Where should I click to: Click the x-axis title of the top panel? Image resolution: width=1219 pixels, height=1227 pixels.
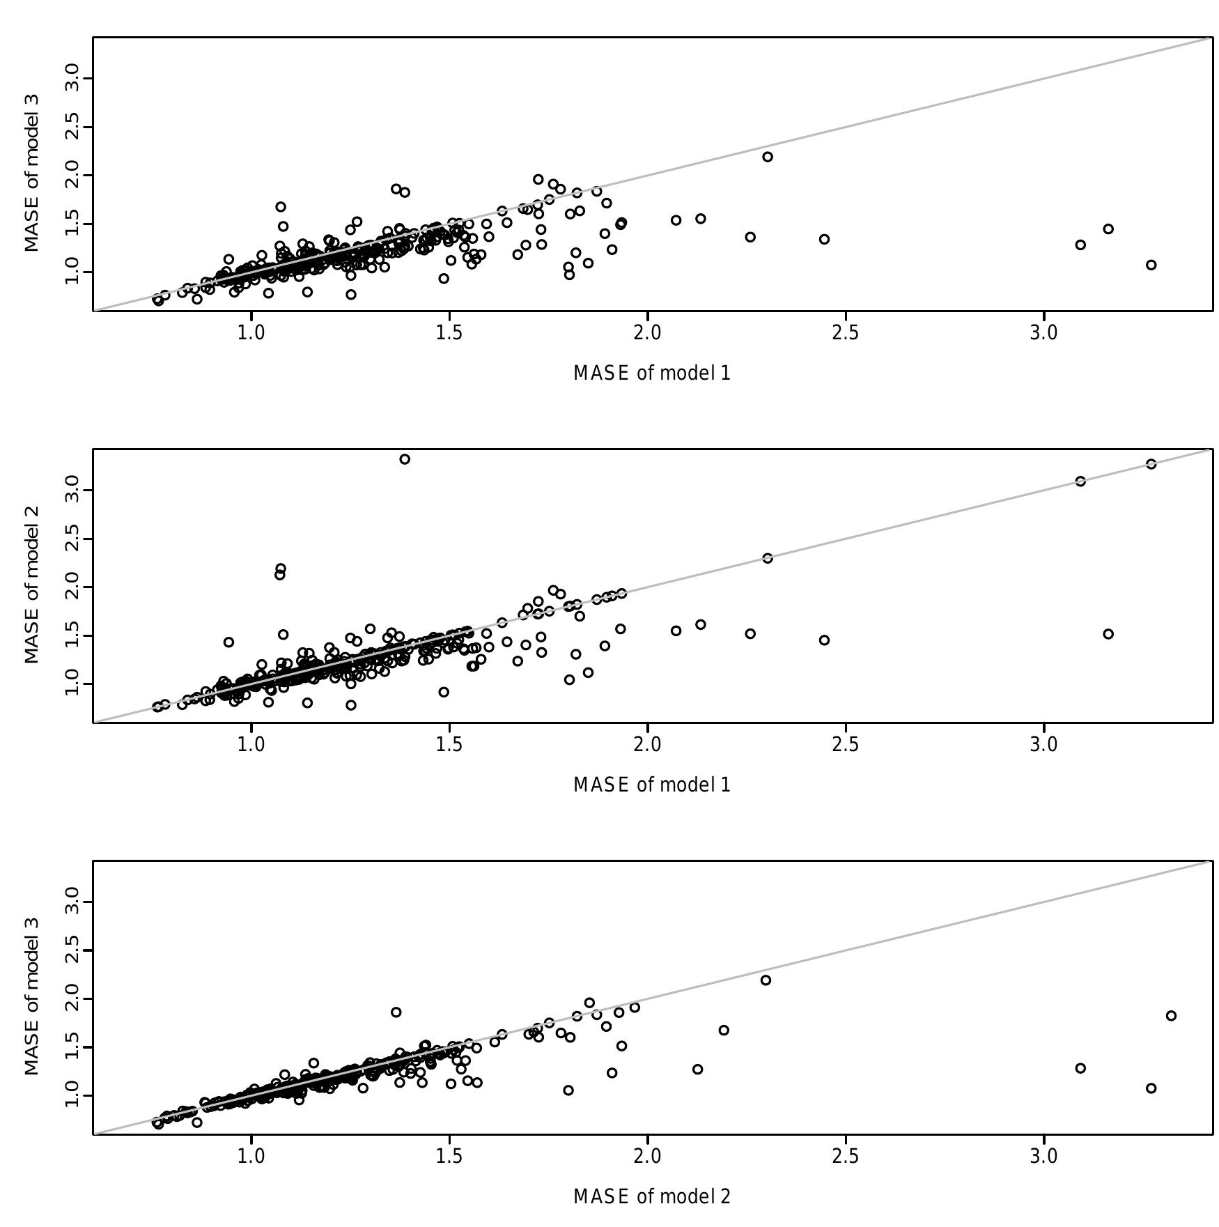652,373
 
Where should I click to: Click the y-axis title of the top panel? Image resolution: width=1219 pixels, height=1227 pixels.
31,173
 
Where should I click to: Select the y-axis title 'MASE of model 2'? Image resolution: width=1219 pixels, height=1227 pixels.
31,585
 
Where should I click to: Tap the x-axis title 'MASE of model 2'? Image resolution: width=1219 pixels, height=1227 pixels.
652,1197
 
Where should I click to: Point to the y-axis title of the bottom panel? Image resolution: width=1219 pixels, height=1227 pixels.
31,997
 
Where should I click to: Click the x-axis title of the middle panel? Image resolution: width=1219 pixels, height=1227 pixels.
652,785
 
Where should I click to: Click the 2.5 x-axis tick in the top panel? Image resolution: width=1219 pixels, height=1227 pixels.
846,333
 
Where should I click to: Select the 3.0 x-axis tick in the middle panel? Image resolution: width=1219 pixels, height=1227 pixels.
1043,745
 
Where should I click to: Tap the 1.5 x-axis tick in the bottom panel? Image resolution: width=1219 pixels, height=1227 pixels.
449,1157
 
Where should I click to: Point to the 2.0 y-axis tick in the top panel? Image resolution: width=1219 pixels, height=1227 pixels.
72,176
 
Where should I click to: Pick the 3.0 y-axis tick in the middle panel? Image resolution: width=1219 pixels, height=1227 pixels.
72,491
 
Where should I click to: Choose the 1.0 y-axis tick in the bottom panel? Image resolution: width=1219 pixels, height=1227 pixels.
72,1096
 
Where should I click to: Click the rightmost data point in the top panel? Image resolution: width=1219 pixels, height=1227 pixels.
1151,265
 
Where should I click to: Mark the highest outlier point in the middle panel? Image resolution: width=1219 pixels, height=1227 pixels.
405,459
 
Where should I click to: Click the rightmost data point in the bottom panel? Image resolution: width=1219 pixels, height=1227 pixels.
1171,1016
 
